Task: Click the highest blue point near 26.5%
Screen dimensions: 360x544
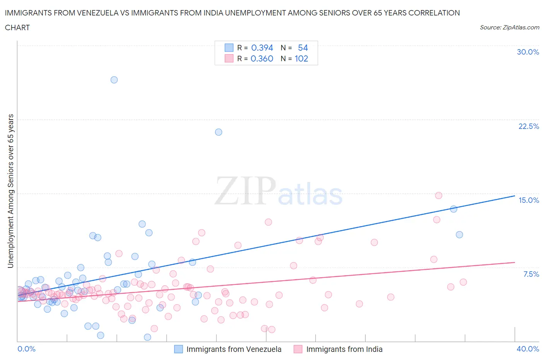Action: point(114,80)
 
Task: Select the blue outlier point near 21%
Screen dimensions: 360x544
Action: point(219,132)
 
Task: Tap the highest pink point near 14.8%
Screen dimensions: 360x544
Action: point(438,195)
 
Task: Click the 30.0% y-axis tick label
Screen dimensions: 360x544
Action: point(528,52)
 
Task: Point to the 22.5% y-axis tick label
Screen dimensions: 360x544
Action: point(529,126)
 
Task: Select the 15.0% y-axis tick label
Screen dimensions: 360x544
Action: point(529,200)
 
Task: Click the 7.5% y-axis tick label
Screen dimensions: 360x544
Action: point(531,274)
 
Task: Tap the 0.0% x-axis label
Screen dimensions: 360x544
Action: point(26,349)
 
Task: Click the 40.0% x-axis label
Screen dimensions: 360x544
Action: point(528,349)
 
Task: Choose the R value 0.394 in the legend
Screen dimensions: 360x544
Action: point(262,48)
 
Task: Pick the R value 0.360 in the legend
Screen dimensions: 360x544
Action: point(262,58)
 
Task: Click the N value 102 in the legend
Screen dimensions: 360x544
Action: point(301,58)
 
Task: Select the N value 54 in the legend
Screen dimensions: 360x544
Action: point(303,48)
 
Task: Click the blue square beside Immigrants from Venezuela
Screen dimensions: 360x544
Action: point(178,349)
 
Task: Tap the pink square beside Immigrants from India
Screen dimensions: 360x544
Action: point(298,349)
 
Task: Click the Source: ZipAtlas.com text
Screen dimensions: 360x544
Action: point(509,27)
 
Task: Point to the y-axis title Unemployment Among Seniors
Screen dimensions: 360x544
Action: point(11,191)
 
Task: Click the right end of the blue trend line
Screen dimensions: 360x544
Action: point(515,195)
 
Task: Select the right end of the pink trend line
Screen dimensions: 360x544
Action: point(515,262)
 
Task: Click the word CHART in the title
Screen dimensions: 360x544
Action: point(17,27)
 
